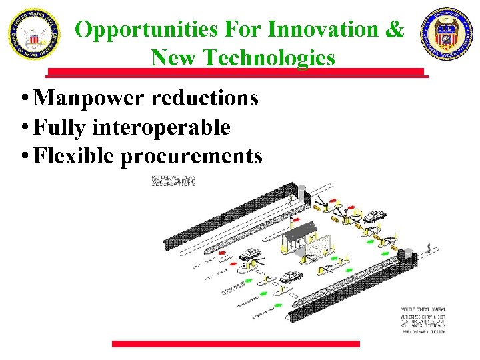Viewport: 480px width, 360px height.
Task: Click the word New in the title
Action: pos(175,58)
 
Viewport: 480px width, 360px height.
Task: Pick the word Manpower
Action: pos(89,98)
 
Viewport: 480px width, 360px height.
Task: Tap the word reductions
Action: pos(205,98)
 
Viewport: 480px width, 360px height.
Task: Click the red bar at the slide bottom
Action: pos(235,344)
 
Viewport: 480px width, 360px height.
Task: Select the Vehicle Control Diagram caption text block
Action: pos(422,321)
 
